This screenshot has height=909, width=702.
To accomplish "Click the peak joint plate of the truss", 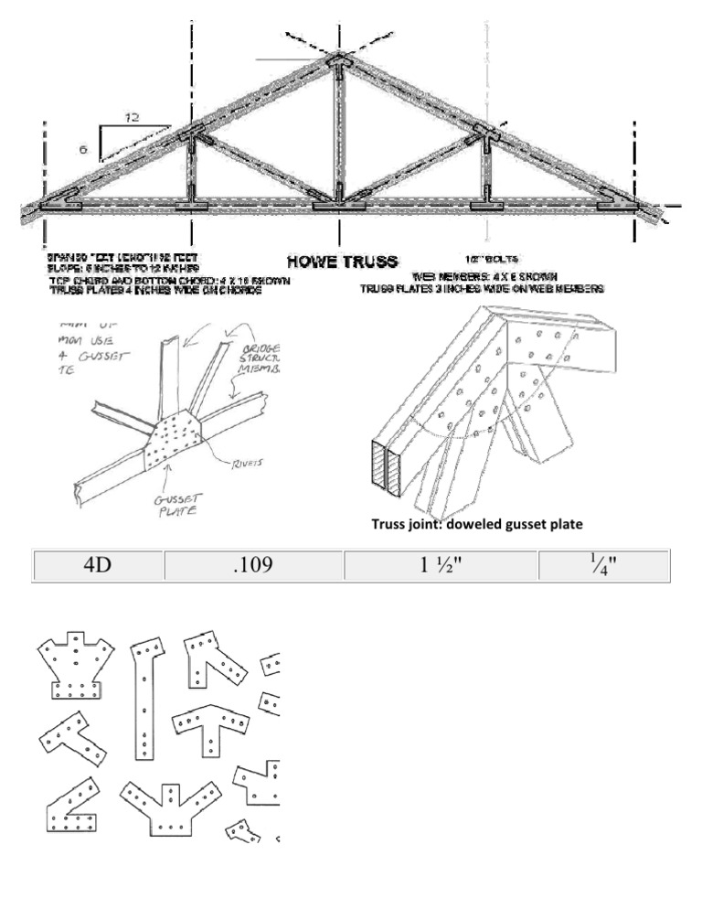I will click(x=338, y=64).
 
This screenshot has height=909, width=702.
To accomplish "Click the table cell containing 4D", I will click(x=97, y=565).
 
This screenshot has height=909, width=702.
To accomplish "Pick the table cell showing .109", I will click(x=252, y=565).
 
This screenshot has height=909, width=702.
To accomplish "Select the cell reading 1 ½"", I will click(x=441, y=565).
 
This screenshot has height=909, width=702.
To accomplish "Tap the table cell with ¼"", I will click(x=604, y=565).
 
